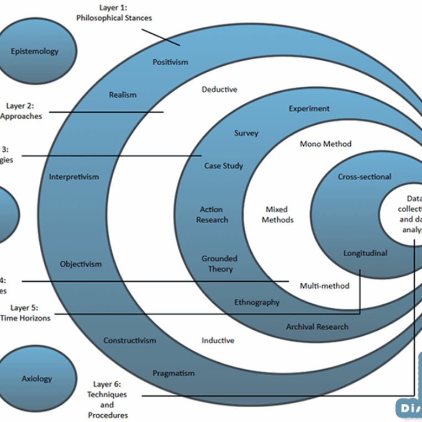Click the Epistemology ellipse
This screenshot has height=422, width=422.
pos(34,51)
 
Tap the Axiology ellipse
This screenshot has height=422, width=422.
pos(37,378)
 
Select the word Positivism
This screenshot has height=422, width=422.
pos(170,62)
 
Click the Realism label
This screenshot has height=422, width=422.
pos(123,94)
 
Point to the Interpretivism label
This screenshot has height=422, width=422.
pos(74,177)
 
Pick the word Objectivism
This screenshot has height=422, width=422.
pos(81,264)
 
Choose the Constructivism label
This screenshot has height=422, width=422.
pos(130,340)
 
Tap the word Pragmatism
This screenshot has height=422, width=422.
pos(173,373)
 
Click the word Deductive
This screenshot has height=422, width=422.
pos(219,89)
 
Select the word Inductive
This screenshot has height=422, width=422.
pos(218,340)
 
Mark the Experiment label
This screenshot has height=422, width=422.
pos(309,108)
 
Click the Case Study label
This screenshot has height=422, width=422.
pos(224,165)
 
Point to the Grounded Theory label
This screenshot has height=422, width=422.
pos(219,263)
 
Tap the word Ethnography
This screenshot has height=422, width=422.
pos(257,302)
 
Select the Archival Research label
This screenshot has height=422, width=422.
pos(317,326)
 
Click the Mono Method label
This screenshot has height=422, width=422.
pos(325,144)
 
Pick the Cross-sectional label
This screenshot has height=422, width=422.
pos(365,177)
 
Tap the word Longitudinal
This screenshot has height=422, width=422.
pos(365,253)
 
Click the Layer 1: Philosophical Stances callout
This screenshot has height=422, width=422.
pos(114,13)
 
